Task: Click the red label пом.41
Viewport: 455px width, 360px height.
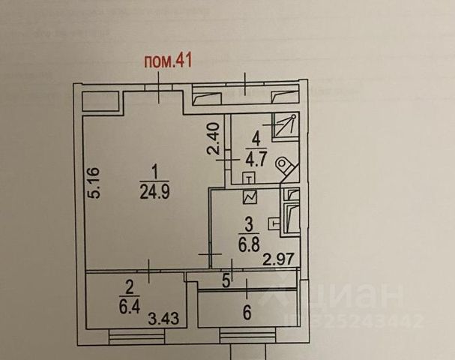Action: pos(168,61)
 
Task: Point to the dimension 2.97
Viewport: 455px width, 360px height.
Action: pos(277,260)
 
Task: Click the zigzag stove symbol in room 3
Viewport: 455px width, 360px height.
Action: pos(249,198)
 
